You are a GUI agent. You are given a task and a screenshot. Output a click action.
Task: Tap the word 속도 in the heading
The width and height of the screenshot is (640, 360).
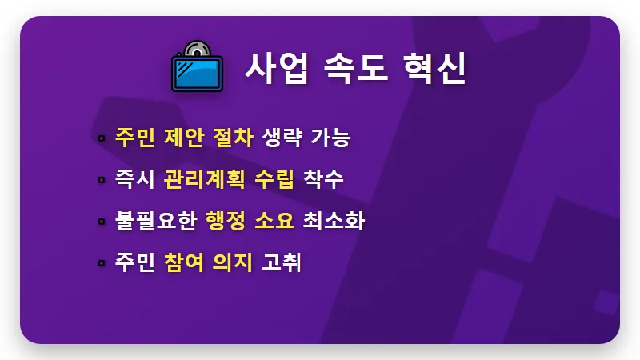point(354,70)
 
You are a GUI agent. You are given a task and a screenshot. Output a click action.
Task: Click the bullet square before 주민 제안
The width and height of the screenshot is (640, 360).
point(102,138)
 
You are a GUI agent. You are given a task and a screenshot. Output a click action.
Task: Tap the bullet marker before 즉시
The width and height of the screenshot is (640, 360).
point(102,179)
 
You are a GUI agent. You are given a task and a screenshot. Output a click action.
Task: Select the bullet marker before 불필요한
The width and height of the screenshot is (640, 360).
point(102,221)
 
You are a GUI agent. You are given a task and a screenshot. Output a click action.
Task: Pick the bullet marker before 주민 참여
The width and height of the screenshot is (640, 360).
point(102,262)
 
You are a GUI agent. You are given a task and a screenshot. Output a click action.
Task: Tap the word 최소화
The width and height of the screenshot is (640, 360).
point(334,220)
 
